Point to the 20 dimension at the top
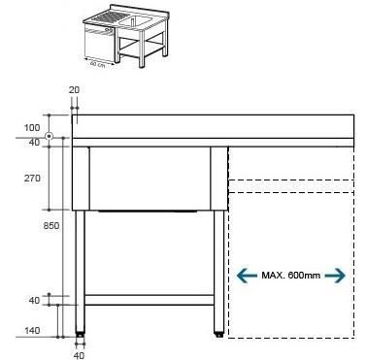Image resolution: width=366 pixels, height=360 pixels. click(75, 89)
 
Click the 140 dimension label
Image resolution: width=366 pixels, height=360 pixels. click(31, 332)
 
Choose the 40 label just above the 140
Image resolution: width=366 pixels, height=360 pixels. click(34, 301)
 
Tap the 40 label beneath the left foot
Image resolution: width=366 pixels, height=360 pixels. click(79, 353)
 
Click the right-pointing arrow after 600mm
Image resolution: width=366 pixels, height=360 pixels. click(336, 276)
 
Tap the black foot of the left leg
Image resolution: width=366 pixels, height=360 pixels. click(80, 336)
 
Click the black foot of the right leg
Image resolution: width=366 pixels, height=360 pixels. click(216, 336)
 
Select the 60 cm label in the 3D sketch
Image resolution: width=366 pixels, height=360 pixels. click(95, 65)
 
